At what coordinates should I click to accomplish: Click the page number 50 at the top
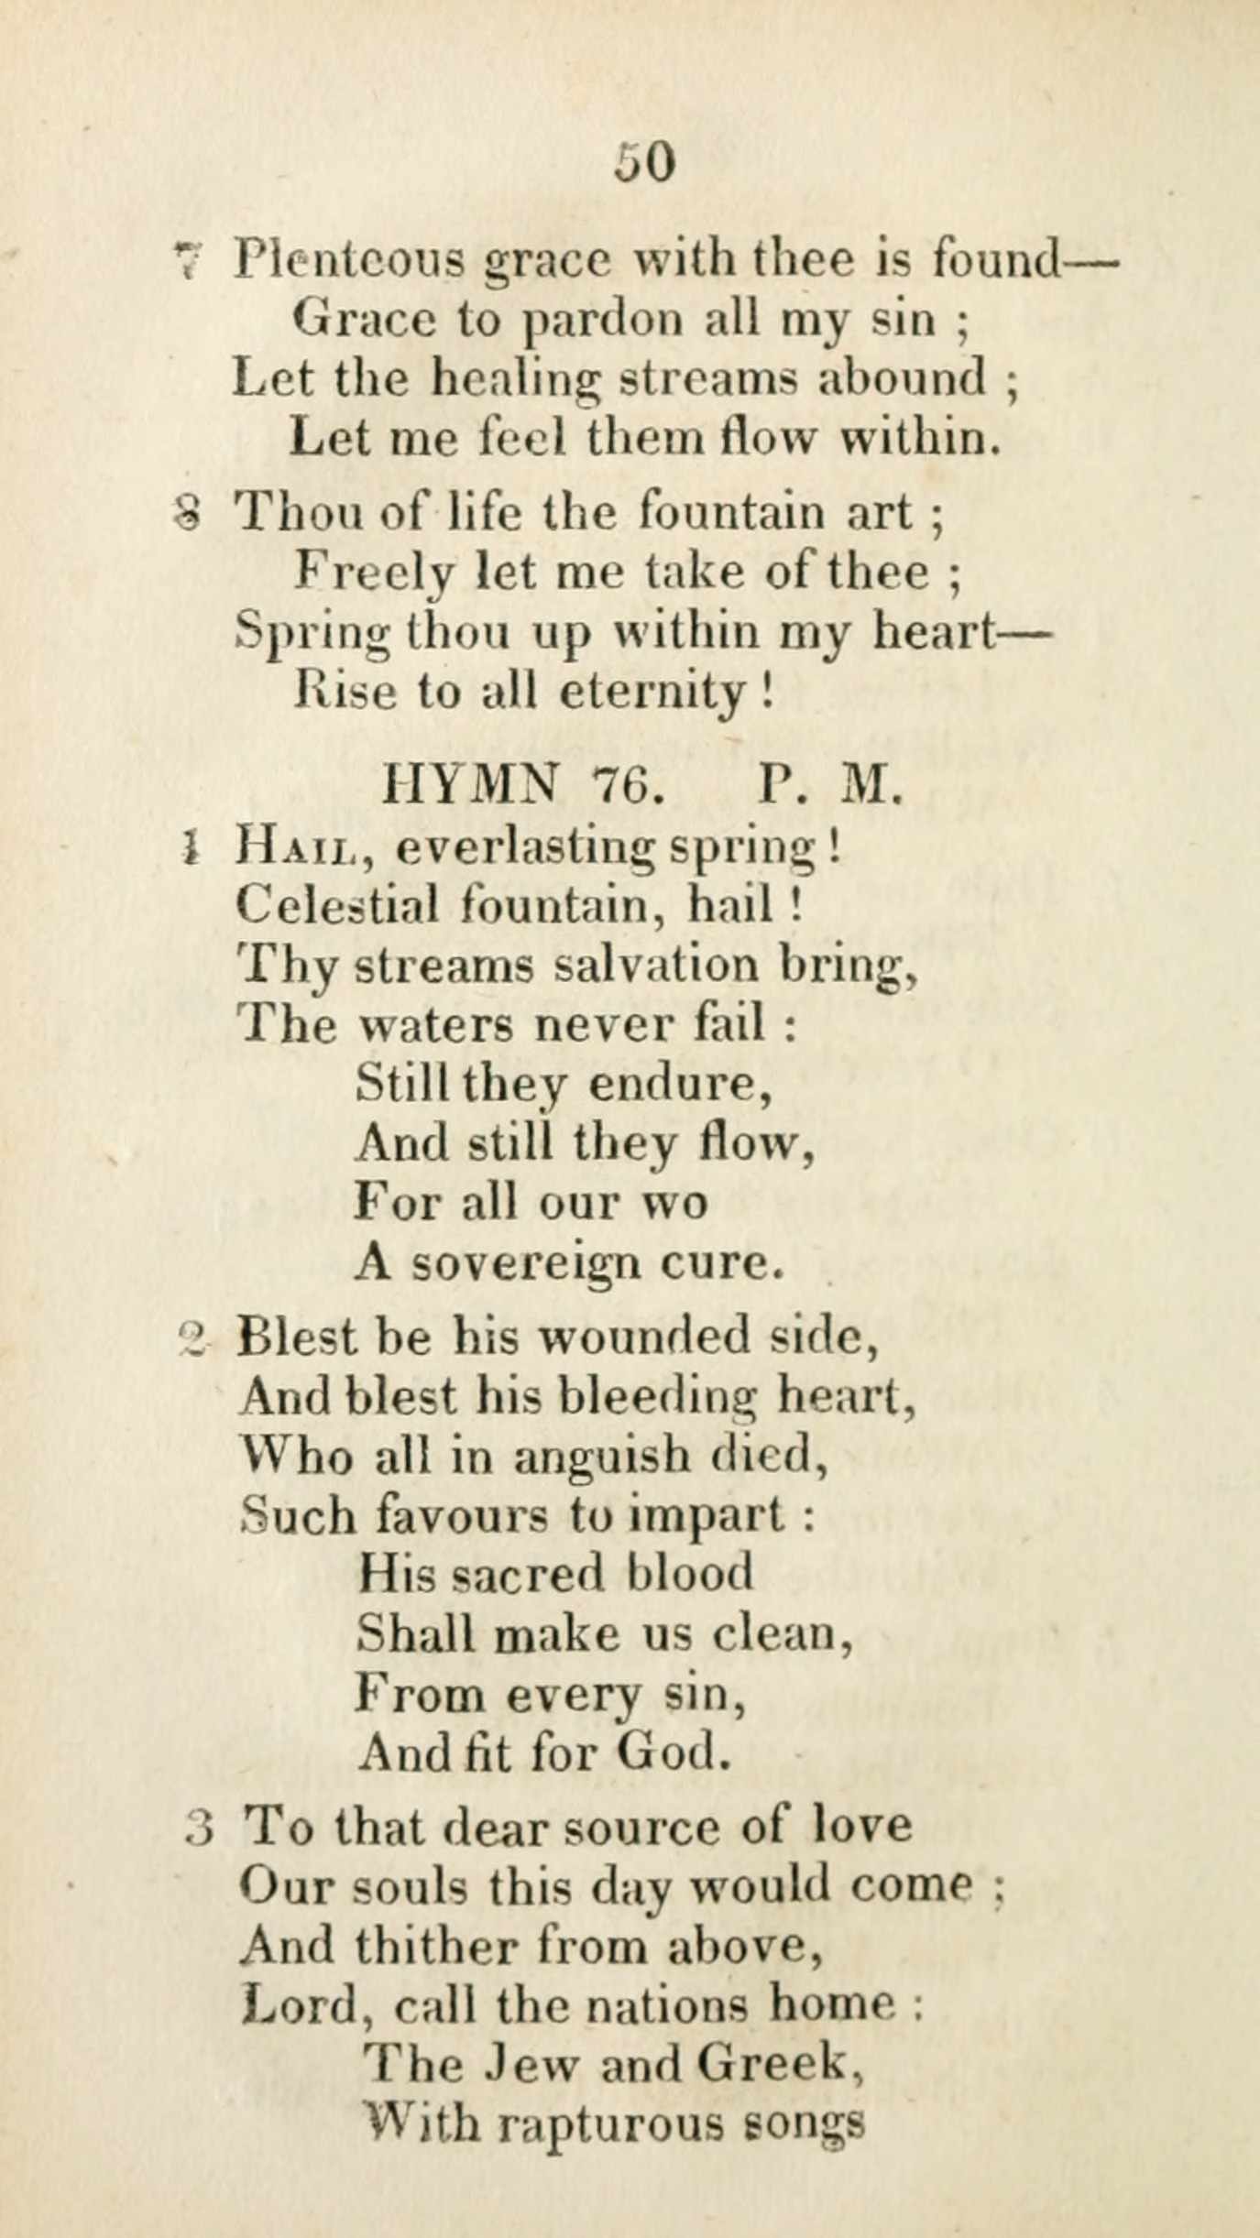coord(645,164)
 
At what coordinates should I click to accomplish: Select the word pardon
coord(604,321)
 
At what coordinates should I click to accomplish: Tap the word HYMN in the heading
coord(473,785)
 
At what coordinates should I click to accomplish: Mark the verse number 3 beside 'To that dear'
coord(199,1829)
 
